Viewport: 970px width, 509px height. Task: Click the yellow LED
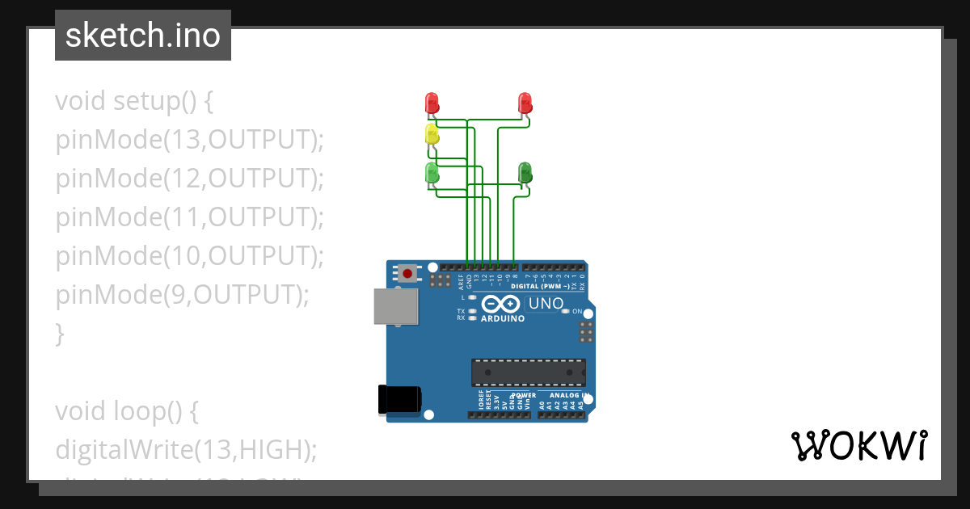pyautogui.click(x=432, y=135)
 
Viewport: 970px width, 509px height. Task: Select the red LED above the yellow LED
pyautogui.click(x=432, y=103)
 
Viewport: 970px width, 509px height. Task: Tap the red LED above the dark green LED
pyautogui.click(x=525, y=103)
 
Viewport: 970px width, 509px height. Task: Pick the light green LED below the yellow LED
pyautogui.click(x=432, y=172)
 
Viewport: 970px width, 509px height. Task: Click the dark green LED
pyautogui.click(x=525, y=172)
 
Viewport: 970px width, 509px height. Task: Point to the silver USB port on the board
pyautogui.click(x=396, y=307)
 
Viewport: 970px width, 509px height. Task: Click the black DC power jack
pyautogui.click(x=400, y=399)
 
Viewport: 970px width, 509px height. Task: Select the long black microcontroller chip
pyautogui.click(x=529, y=372)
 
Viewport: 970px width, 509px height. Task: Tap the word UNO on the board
pyautogui.click(x=546, y=305)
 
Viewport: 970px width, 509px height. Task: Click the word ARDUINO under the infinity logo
pyautogui.click(x=503, y=318)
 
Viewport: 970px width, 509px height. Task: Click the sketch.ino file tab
pyautogui.click(x=143, y=36)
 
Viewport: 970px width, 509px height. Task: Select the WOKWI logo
pyautogui.click(x=858, y=446)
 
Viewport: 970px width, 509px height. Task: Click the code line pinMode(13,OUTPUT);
pyautogui.click(x=189, y=140)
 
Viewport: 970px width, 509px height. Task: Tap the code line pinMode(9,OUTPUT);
pyautogui.click(x=182, y=295)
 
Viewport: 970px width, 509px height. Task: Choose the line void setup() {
pyautogui.click(x=134, y=101)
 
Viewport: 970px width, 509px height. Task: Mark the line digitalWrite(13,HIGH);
pyautogui.click(x=186, y=450)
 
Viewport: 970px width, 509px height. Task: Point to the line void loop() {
pyautogui.click(x=127, y=411)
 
